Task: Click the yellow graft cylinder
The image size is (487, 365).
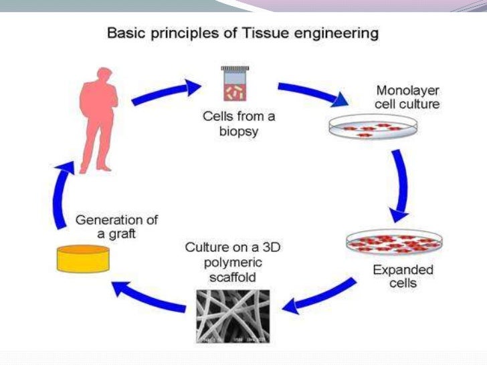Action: [82, 258]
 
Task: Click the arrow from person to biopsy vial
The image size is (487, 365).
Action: [165, 93]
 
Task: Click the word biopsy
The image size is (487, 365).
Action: [237, 131]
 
